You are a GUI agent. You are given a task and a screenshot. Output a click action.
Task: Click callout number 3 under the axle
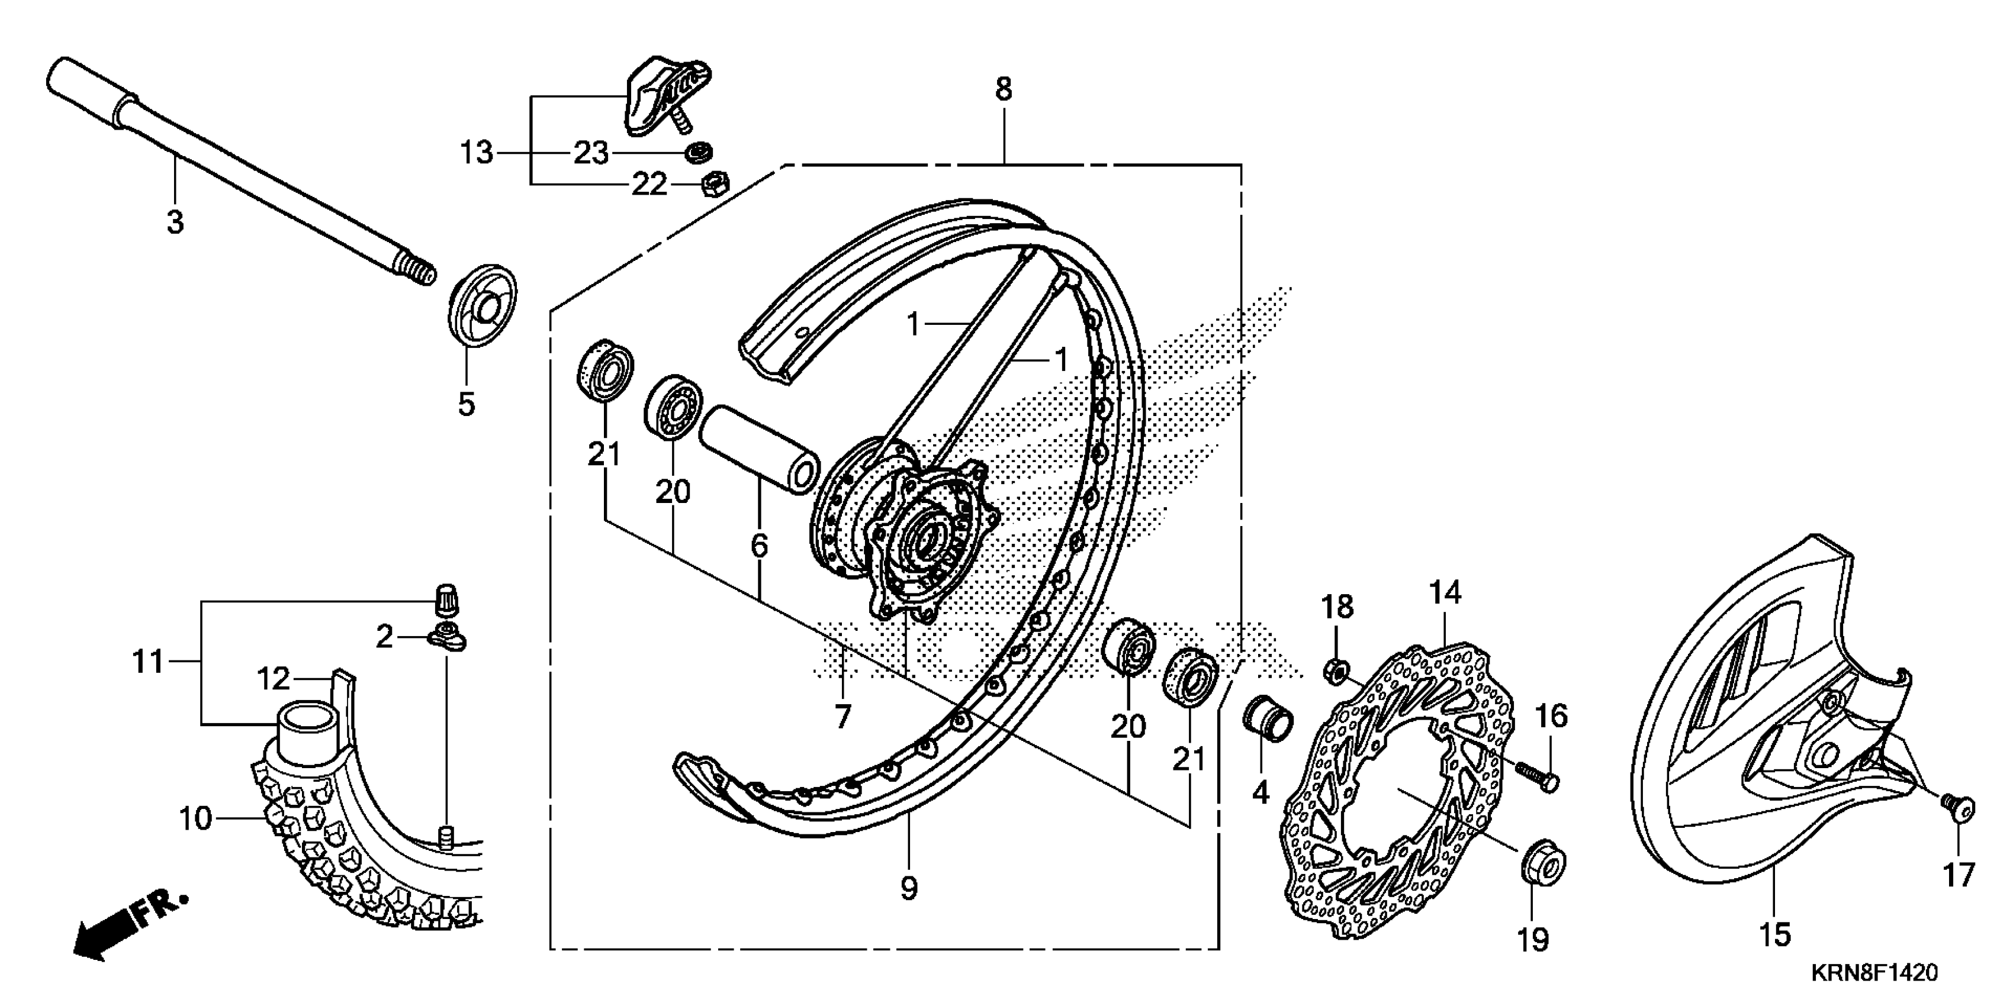[175, 222]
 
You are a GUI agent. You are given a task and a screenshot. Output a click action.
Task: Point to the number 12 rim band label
[274, 679]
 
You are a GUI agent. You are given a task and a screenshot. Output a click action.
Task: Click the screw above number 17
[1957, 809]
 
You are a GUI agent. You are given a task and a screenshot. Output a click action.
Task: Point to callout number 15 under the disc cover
[1774, 934]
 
